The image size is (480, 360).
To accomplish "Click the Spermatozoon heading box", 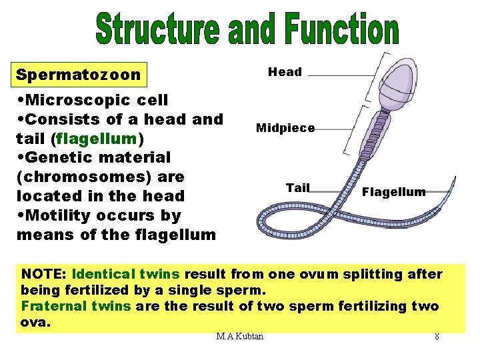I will [x=79, y=75].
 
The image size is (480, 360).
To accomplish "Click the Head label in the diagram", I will [x=285, y=72].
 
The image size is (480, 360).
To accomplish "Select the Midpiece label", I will [x=285, y=127].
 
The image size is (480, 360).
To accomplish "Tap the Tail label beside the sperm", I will [x=297, y=188].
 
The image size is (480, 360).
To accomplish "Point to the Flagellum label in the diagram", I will [x=393, y=192].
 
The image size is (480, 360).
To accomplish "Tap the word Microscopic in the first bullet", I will [x=75, y=100].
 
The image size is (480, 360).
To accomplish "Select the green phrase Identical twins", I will [x=127, y=274].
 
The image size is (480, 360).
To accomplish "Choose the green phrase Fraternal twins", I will [x=76, y=307].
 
